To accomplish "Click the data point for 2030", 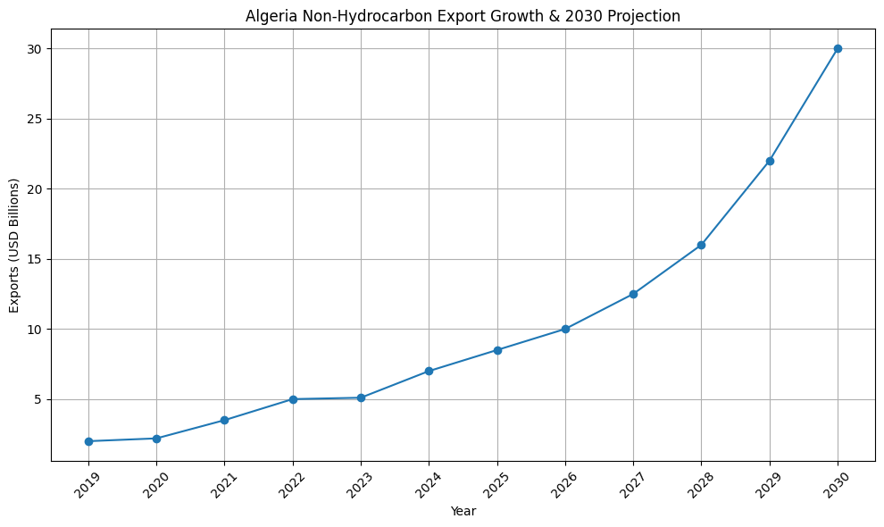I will tap(838, 48).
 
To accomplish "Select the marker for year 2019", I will tap(88, 441).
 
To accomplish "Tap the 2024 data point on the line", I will tap(429, 371).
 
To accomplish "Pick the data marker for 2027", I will tap(633, 294).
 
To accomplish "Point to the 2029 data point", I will tap(770, 161).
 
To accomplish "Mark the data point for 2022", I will tap(293, 399).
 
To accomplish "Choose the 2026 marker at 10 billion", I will tap(565, 329).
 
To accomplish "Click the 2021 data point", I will tap(224, 420).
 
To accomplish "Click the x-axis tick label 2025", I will tap(496, 486).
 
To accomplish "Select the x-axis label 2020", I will tap(156, 486).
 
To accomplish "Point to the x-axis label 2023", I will tap(360, 486).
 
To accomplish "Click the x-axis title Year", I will tap(463, 512).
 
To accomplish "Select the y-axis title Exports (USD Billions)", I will tap(13, 246).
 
